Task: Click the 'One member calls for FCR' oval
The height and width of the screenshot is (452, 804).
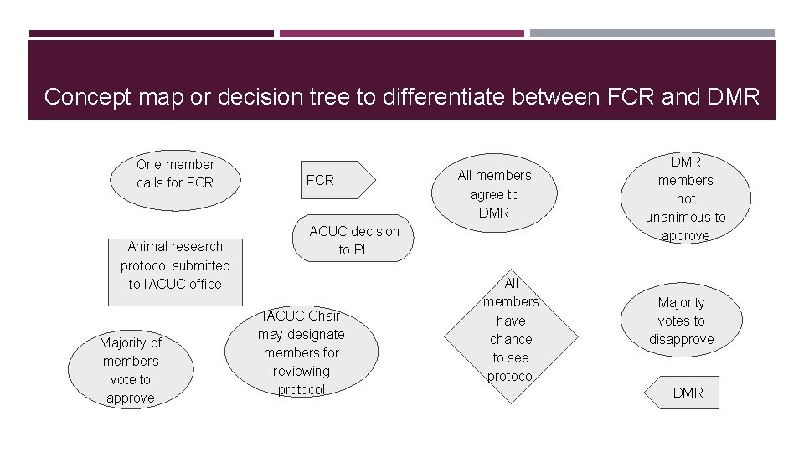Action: click(x=175, y=173)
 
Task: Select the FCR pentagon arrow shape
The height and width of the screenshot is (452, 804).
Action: click(x=331, y=180)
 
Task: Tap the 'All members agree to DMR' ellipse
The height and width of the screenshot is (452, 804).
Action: click(x=494, y=194)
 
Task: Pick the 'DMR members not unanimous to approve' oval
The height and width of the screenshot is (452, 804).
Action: click(x=685, y=199)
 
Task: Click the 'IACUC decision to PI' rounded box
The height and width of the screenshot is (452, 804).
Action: click(x=353, y=240)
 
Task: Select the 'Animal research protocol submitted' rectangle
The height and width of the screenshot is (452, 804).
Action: click(x=175, y=265)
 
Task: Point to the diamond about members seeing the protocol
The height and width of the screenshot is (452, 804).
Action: click(x=511, y=330)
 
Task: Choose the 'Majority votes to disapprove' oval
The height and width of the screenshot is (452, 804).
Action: click(x=681, y=321)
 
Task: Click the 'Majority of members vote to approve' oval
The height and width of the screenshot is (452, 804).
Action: click(x=131, y=370)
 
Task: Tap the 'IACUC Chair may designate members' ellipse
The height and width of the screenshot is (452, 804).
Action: click(x=301, y=352)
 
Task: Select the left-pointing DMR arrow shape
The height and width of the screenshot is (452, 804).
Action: click(x=683, y=393)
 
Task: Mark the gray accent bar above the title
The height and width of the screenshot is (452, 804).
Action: click(x=652, y=33)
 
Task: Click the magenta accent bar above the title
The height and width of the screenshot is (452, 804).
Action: click(x=401, y=33)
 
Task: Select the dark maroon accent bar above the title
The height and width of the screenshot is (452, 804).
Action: click(x=151, y=33)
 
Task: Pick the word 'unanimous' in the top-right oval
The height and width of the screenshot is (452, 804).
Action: click(x=685, y=218)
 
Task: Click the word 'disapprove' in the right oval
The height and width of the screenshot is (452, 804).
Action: click(x=681, y=340)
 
